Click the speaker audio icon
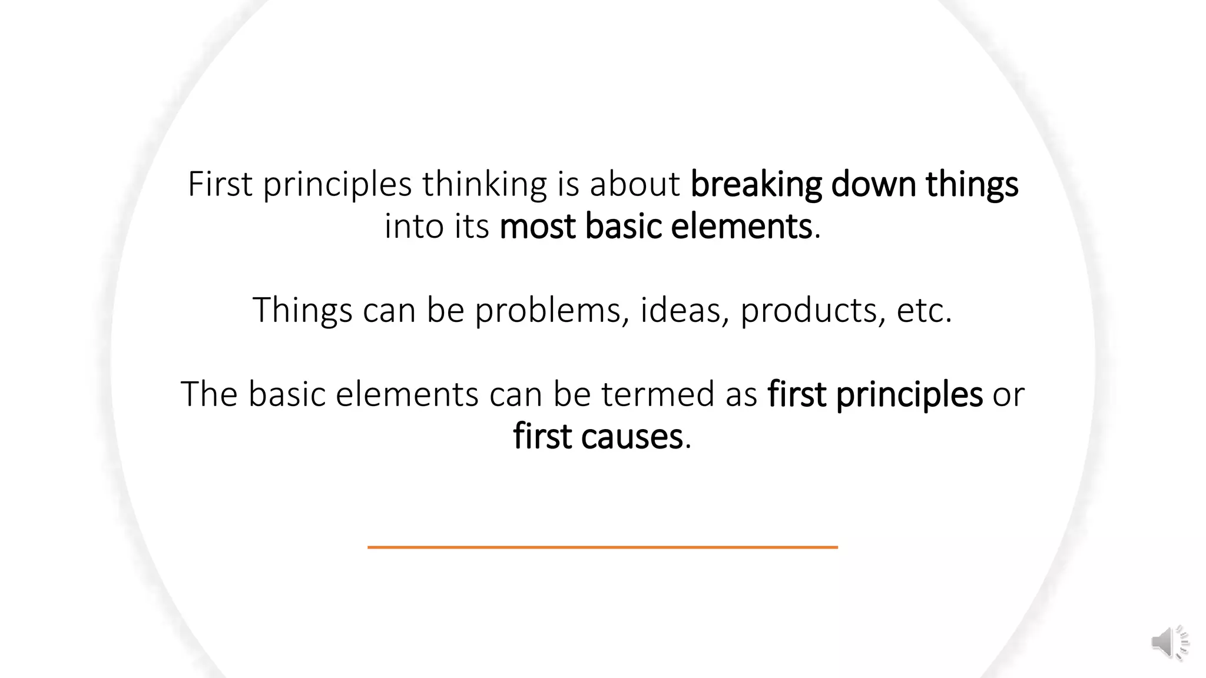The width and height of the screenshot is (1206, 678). [x=1169, y=642]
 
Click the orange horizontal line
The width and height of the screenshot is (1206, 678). [x=602, y=547]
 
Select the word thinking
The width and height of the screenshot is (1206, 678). [x=484, y=184]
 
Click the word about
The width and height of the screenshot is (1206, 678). [x=635, y=184]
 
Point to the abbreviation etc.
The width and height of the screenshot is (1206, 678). [x=923, y=311]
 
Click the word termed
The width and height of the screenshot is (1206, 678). [x=658, y=394]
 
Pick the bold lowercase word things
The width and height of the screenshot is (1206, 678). [x=972, y=184]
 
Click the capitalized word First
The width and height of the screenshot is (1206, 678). [x=220, y=184]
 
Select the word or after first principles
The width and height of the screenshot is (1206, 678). [x=1008, y=394]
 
